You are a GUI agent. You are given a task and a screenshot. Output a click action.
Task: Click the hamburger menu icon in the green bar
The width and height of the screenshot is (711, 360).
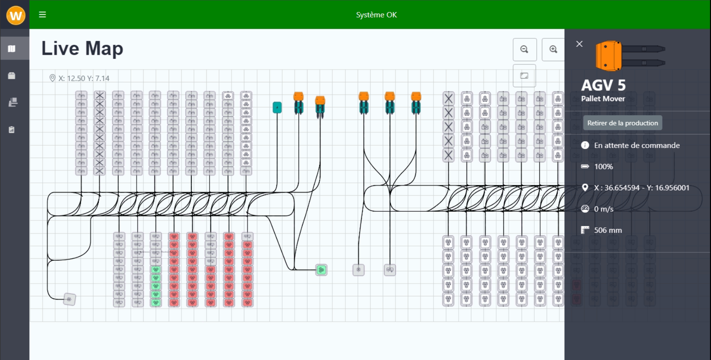point(42,15)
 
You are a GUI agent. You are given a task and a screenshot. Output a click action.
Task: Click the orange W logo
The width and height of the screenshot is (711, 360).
point(16,16)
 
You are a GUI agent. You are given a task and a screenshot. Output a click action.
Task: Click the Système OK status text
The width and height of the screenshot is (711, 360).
point(376,15)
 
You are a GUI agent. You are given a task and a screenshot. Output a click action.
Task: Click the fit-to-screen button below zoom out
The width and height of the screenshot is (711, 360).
point(524,76)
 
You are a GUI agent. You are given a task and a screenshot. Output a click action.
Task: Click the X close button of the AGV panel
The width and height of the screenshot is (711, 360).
point(579,44)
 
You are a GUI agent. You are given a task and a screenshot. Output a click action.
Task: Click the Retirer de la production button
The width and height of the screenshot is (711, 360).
point(622,123)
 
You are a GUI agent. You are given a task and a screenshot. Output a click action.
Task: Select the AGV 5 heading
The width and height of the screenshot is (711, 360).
point(603,85)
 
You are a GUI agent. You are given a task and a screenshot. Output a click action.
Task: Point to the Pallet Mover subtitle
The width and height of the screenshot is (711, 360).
point(603,99)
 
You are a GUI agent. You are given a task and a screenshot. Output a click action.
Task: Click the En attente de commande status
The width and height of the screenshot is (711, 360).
point(637,145)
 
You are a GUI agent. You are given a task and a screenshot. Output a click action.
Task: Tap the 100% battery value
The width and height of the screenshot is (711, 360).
point(603,166)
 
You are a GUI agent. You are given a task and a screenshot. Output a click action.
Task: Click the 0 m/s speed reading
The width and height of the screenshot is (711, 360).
point(603,209)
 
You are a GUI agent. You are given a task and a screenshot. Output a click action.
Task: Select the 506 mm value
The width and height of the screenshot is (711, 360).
point(608,230)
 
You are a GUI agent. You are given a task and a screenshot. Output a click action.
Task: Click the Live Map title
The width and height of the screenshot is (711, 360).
point(82,48)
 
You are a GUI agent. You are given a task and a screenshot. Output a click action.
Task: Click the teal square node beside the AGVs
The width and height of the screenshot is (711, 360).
point(277,107)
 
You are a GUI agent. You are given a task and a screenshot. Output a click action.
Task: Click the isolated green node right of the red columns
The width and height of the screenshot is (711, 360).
point(321,270)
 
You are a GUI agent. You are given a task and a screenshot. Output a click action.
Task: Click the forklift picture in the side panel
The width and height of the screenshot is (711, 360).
point(630,56)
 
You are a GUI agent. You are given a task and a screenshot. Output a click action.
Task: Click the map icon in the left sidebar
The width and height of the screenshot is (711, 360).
point(12,48)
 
